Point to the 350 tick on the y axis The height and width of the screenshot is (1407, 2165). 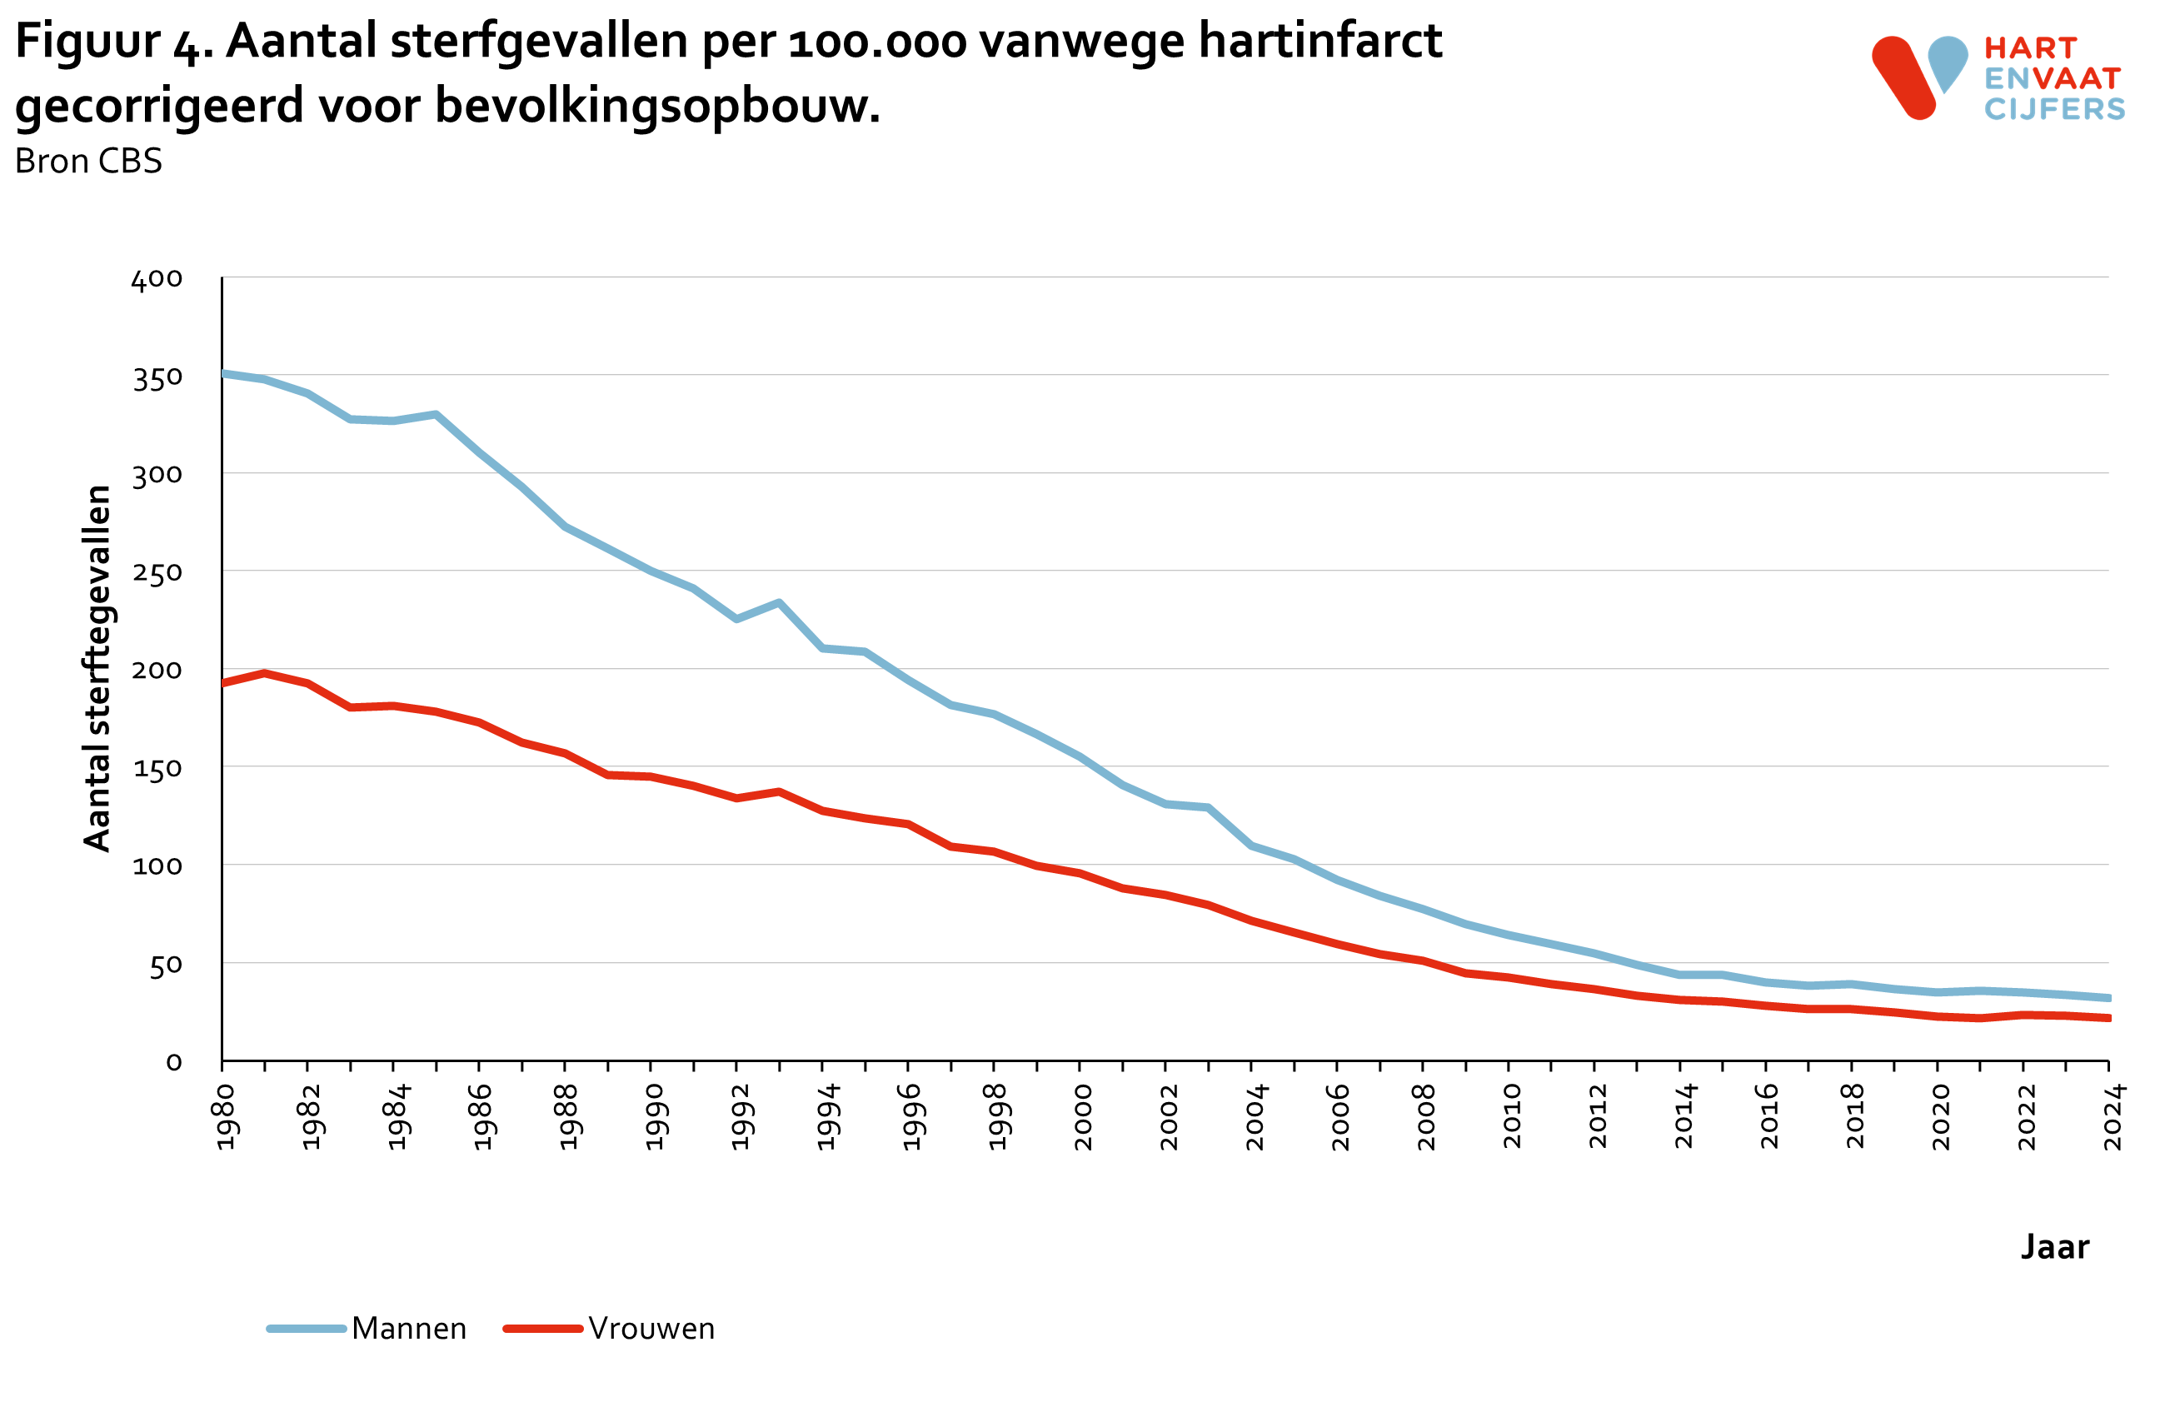click(x=157, y=377)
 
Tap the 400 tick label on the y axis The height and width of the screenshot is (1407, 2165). click(x=157, y=279)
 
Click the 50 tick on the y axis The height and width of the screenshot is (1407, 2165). click(x=166, y=965)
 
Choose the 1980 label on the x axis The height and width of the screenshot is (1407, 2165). click(x=226, y=1117)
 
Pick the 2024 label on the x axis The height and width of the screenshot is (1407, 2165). click(x=2113, y=1117)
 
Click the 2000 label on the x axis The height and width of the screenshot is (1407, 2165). click(x=1083, y=1117)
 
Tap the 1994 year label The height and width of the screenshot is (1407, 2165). click(x=826, y=1117)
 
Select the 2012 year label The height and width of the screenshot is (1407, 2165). click(x=1598, y=1117)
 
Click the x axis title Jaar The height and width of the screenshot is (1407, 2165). click(x=2054, y=1246)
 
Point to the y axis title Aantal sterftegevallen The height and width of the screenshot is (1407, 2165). click(x=97, y=668)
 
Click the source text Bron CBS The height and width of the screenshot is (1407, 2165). click(x=88, y=161)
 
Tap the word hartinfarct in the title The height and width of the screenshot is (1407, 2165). click(x=1319, y=41)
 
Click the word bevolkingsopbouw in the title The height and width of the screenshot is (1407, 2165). click(x=656, y=106)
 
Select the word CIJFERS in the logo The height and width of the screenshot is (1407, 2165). click(x=2054, y=109)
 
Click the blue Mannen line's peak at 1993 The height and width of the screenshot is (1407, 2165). click(x=779, y=602)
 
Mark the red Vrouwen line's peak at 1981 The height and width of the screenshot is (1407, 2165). click(x=264, y=673)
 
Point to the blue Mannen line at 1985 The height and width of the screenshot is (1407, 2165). click(x=436, y=415)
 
